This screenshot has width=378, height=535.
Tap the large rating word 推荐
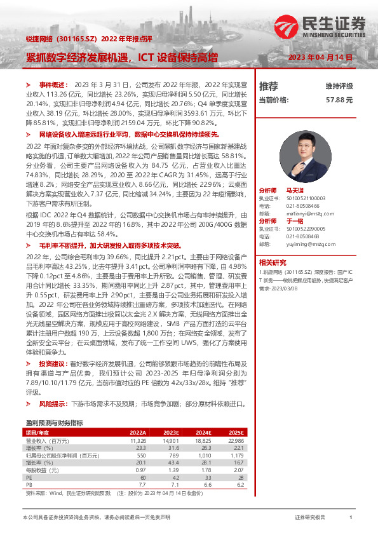268,86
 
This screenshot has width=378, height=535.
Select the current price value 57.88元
339,100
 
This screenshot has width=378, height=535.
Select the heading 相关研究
273,262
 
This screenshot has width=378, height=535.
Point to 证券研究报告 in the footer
309,518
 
